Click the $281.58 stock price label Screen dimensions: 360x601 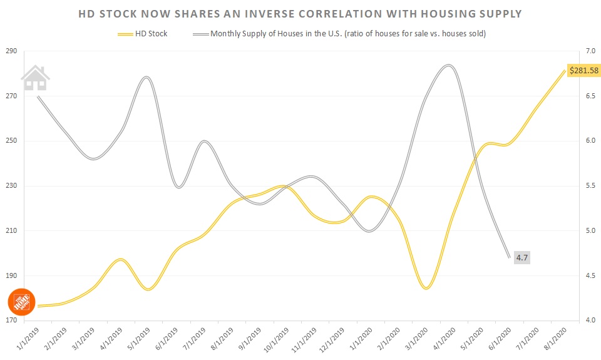[x=583, y=70]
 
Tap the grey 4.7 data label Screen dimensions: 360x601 [x=521, y=257]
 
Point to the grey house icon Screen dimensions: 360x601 [x=35, y=78]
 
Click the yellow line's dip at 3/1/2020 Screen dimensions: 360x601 [x=426, y=288]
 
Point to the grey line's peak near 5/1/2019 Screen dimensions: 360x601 [x=145, y=77]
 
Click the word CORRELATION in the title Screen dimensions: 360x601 [x=364, y=13]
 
